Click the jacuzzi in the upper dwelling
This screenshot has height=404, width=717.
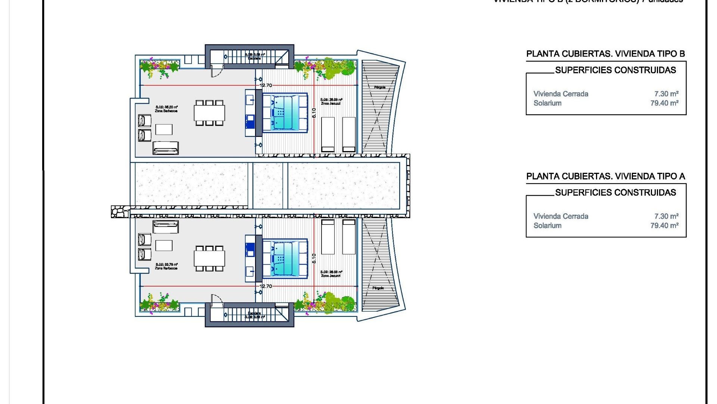(x=285, y=112)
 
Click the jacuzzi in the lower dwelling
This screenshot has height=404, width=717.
(x=285, y=258)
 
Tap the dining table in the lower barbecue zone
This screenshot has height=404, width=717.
(x=209, y=258)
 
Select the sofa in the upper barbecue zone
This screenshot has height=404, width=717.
(x=166, y=148)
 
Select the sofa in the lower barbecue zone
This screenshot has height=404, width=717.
(x=166, y=227)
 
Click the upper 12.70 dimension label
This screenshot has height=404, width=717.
(x=266, y=85)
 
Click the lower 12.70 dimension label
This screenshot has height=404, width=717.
(x=266, y=286)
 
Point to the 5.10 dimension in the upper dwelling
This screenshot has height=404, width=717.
(x=314, y=113)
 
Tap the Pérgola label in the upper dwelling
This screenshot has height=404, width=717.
(x=379, y=87)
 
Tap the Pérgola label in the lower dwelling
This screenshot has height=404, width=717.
(x=378, y=288)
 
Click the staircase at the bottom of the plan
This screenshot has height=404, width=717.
(x=249, y=315)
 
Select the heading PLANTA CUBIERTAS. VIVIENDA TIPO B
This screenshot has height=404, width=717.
(x=605, y=54)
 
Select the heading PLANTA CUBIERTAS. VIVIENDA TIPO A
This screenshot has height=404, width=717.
(x=605, y=176)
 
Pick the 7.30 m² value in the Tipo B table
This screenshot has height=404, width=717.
(x=666, y=94)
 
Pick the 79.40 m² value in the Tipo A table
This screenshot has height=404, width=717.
(x=664, y=226)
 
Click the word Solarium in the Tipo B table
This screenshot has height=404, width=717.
(x=547, y=103)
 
